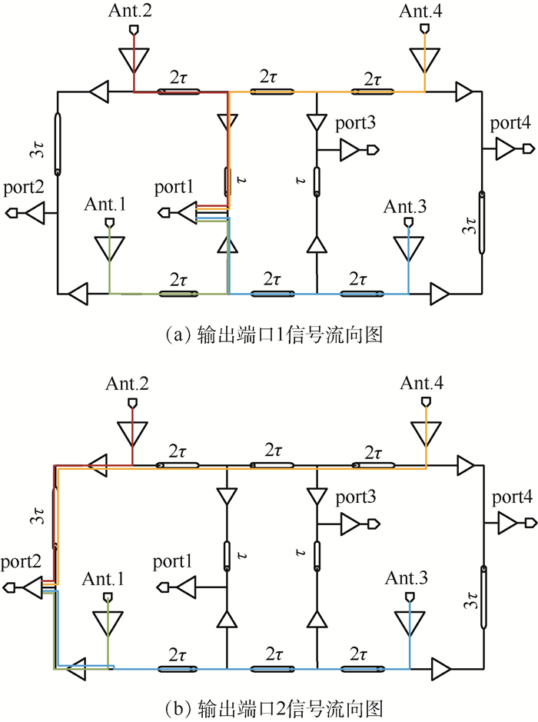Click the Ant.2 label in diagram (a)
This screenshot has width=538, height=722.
coord(133,10)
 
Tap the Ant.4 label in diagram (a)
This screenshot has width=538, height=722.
coord(420,10)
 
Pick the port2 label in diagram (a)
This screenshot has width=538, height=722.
coord(24,187)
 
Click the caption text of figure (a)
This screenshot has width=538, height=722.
coord(268,334)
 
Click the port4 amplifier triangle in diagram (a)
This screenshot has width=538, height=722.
coord(504,149)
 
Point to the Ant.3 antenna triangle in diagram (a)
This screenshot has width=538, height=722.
coord(408,248)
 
